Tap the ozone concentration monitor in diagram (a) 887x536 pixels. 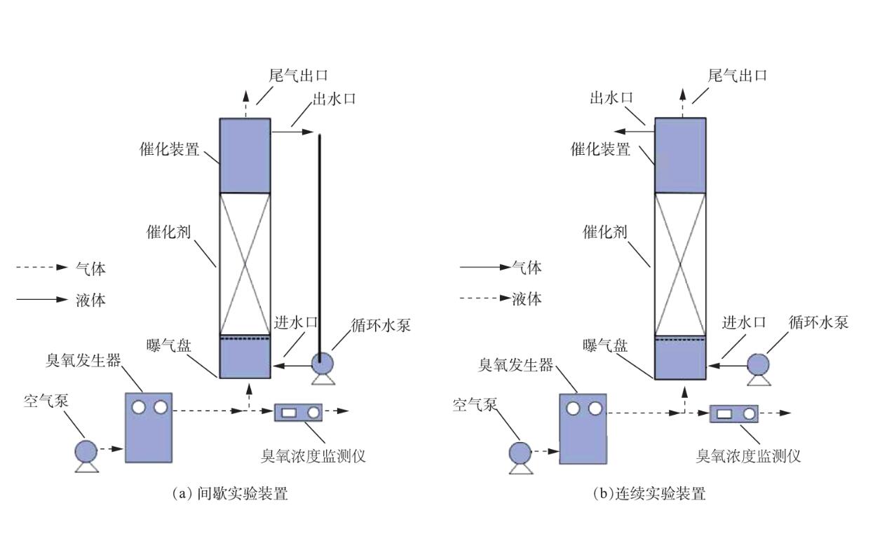coord(298,412)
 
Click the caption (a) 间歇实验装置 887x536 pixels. coord(230,493)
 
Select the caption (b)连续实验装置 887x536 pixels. coord(649,493)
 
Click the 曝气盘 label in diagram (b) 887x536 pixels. coord(605,345)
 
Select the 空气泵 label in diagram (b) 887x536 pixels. coord(475,405)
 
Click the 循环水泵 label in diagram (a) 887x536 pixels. coord(381,324)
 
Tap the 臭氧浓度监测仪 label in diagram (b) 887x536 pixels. coord(747,456)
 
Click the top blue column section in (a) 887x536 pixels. coord(245,155)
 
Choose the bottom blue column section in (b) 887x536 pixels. coord(679,358)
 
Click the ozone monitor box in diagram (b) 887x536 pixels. coord(734,413)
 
